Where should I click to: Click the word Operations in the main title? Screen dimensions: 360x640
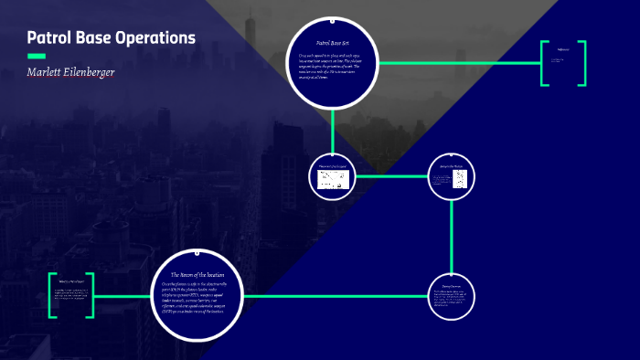155,38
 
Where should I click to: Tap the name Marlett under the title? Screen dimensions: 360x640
48,71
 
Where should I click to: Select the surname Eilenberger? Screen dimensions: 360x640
91,71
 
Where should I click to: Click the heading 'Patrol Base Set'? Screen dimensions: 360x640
333,43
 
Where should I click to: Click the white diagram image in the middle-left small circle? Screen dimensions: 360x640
333,179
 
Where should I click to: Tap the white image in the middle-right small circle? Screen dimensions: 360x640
453,177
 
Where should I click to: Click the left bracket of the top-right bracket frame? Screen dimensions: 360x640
543,64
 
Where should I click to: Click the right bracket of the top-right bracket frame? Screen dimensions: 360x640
582,64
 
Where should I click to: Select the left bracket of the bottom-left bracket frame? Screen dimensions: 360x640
52,295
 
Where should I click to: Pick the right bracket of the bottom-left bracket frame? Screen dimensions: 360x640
91,295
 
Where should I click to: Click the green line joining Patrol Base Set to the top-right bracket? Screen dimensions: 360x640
457,63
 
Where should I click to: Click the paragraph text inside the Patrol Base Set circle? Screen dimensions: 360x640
332,67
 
